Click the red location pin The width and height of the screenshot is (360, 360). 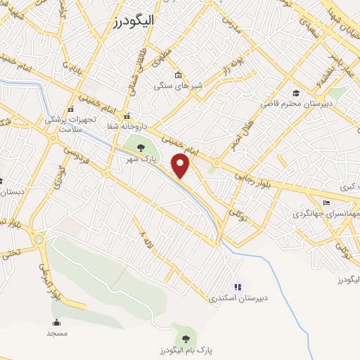click(181, 165)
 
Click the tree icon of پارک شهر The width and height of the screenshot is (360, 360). click(141, 148)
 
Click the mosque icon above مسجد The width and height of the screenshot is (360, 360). click(57, 322)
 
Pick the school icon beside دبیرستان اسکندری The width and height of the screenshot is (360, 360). click(238, 286)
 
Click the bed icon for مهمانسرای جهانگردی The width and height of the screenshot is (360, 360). click(326, 203)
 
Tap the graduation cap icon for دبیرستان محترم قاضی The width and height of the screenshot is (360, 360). click(296, 93)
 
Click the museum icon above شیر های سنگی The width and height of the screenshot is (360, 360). click(178, 75)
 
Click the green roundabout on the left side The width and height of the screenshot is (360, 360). click(39, 240)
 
